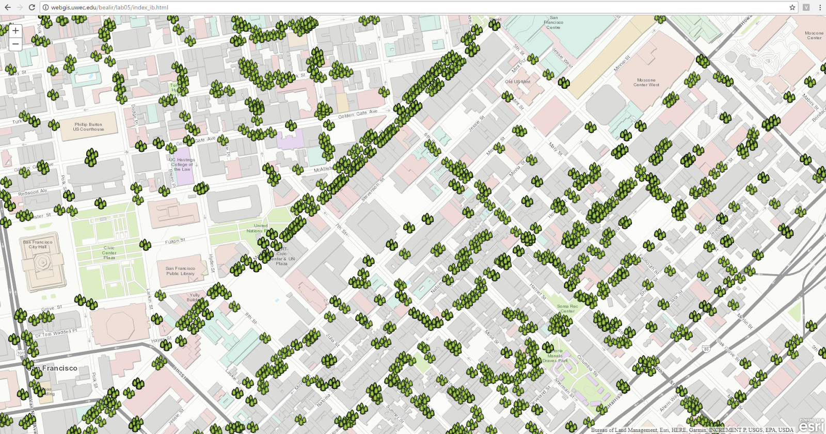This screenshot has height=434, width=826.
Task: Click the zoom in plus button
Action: pyautogui.click(x=15, y=31)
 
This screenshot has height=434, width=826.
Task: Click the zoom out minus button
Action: pyautogui.click(x=15, y=44)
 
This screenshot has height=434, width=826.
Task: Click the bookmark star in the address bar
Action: pyautogui.click(x=792, y=7)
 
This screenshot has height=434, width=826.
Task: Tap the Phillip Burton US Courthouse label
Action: pyautogui.click(x=88, y=127)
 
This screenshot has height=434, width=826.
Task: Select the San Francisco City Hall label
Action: pyautogui.click(x=38, y=244)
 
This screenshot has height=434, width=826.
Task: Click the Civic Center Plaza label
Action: pyautogui.click(x=109, y=253)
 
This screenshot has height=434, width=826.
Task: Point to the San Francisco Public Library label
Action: pyautogui.click(x=180, y=271)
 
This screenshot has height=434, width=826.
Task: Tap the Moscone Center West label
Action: pyautogui.click(x=646, y=83)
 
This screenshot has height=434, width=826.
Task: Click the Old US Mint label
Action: pyautogui.click(x=517, y=82)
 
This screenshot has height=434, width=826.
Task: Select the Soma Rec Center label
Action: pyautogui.click(x=567, y=309)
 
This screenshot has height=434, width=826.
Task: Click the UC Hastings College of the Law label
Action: pyautogui.click(x=182, y=164)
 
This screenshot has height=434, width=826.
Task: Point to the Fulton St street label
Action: pyautogui.click(x=175, y=241)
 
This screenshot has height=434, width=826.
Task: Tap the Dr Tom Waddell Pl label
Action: pyautogui.click(x=56, y=333)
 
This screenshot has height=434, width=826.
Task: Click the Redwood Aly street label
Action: pyautogui.click(x=32, y=192)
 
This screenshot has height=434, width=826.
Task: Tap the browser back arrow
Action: pyautogui.click(x=7, y=7)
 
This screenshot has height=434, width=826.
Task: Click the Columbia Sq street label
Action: pyautogui.click(x=587, y=365)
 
